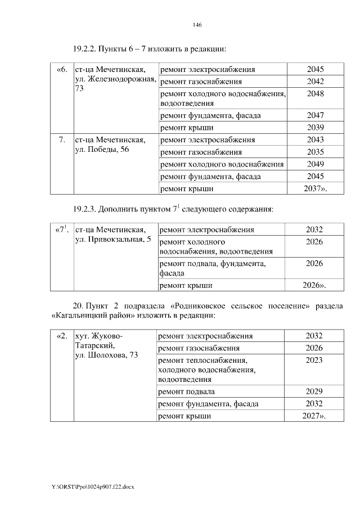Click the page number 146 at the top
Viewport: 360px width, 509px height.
(197, 25)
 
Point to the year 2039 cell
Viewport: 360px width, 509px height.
(315, 127)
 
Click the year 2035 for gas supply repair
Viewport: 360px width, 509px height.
(315, 152)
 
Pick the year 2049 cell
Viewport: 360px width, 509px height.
(315, 164)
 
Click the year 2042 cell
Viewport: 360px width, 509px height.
(315, 82)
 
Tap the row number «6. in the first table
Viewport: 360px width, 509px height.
(62, 70)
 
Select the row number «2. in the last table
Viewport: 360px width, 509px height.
(62, 336)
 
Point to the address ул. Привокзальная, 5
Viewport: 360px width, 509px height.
(112, 240)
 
